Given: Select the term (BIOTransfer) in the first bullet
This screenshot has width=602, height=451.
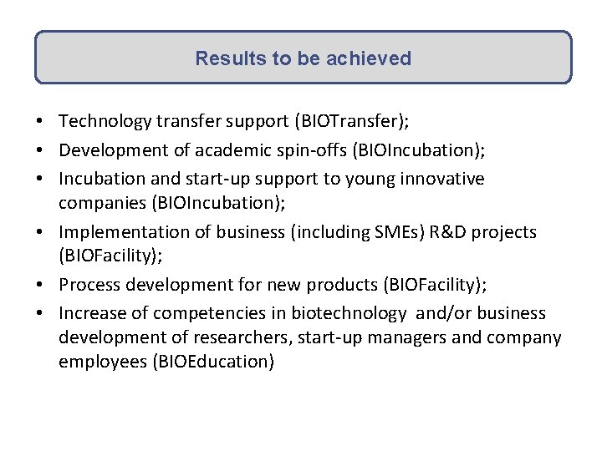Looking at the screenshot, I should [351, 121].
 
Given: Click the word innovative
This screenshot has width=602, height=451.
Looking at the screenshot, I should [442, 179].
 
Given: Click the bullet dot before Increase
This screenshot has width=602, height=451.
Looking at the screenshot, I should [41, 314].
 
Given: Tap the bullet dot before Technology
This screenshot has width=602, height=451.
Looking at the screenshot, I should [41, 122].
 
